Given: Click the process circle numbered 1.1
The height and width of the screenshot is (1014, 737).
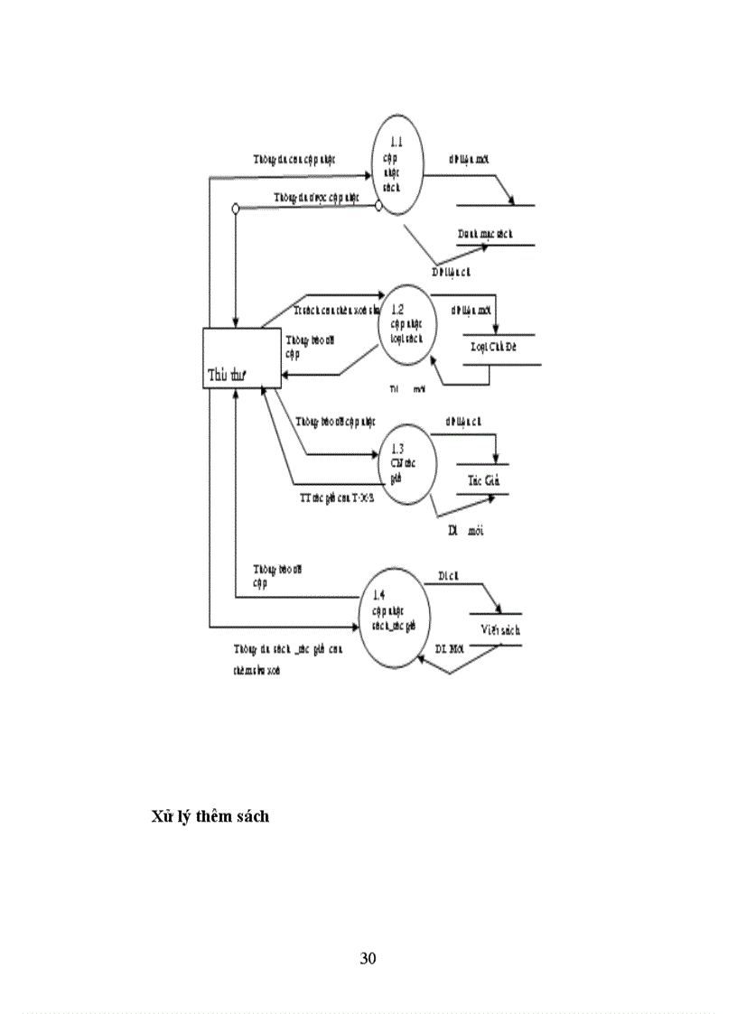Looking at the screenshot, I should point(398,164).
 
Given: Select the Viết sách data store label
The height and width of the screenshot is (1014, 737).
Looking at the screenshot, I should point(493,630).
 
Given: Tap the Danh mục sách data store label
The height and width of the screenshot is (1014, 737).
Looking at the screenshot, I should point(485,234).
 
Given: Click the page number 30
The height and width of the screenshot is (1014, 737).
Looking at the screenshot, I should point(368,958).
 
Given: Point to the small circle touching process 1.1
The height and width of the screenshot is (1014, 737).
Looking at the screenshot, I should point(378,208).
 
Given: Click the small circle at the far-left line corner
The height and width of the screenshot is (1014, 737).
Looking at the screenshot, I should point(235,209).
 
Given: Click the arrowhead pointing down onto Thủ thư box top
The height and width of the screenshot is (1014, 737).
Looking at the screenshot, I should point(235,322).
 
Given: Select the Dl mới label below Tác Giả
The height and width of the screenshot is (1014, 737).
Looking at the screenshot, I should point(466,531).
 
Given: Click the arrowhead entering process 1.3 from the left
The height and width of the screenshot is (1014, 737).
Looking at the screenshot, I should point(380,454).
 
